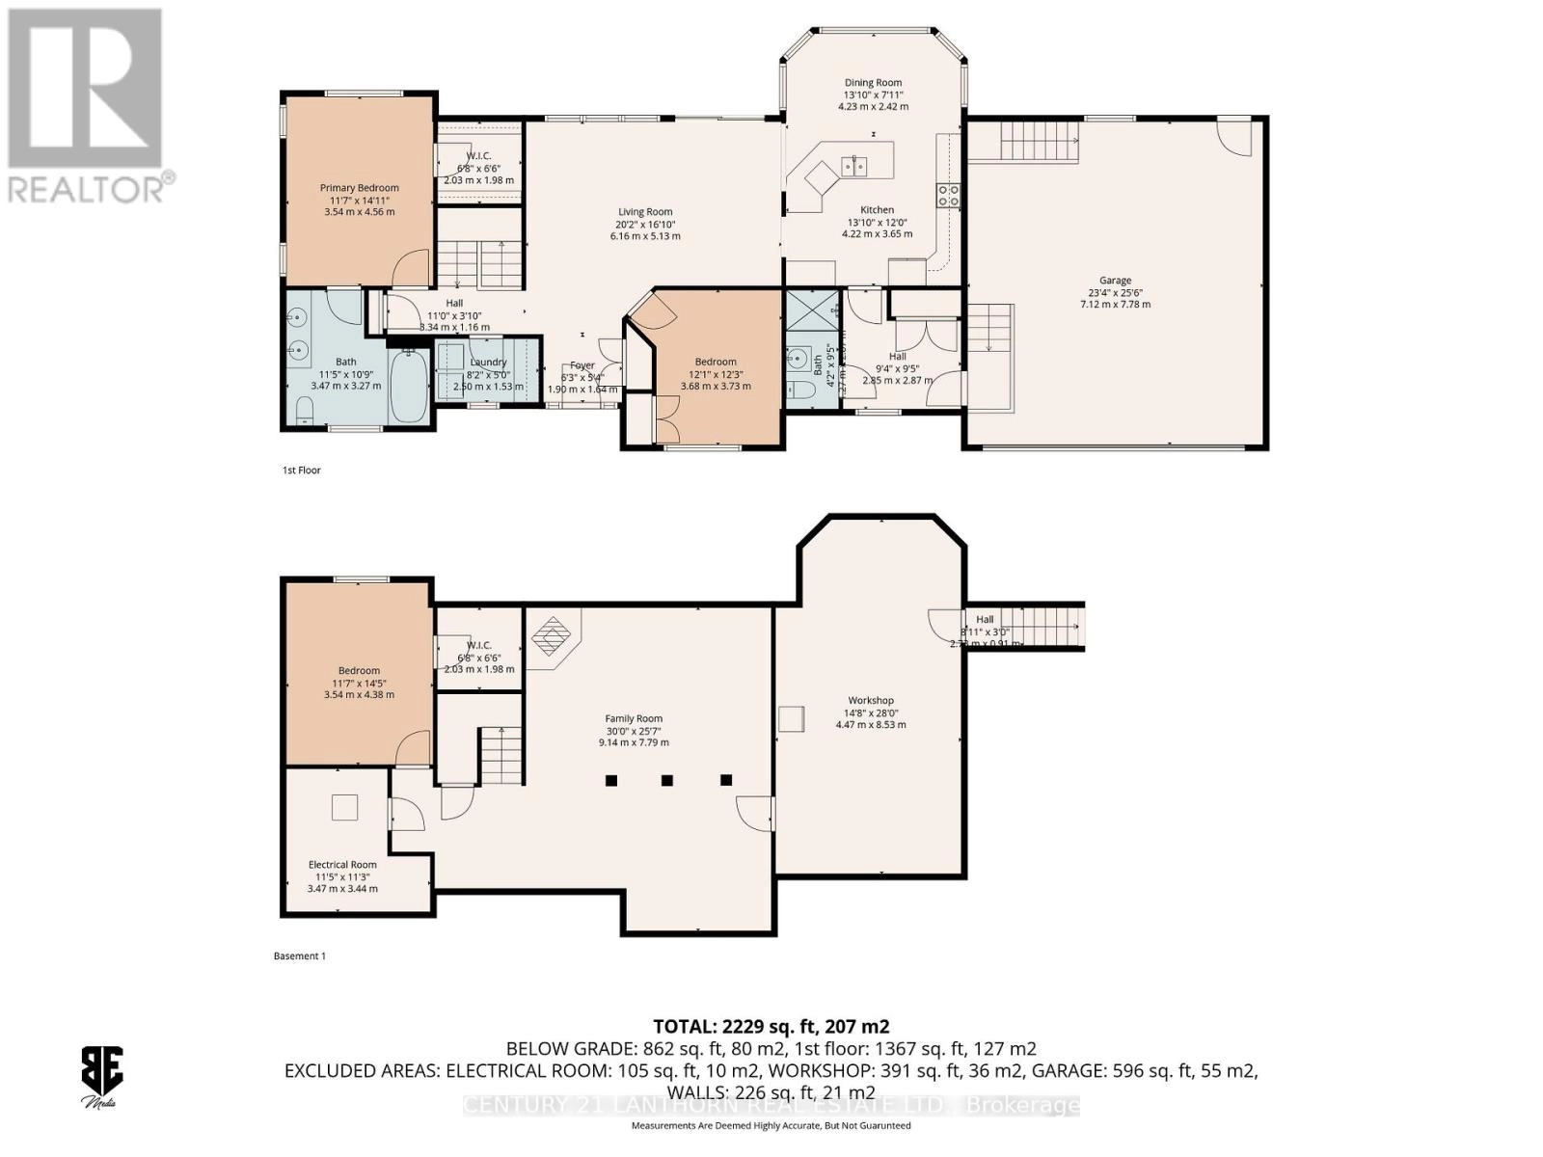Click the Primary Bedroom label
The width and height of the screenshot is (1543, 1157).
(359, 188)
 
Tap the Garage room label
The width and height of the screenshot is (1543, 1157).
(1115, 281)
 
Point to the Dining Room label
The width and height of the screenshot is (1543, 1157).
(873, 83)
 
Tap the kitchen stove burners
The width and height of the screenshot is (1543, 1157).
(948, 196)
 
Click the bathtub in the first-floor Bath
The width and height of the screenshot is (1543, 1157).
(409, 385)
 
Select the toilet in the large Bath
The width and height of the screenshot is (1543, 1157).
(305, 413)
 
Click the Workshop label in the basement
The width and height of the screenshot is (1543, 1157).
(871, 701)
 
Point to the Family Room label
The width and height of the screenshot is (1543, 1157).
(634, 718)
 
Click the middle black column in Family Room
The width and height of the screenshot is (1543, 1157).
(667, 780)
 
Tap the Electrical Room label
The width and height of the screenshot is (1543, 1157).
(342, 865)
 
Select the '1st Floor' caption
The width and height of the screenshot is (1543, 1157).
(301, 471)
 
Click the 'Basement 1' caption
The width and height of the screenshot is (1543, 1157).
(300, 956)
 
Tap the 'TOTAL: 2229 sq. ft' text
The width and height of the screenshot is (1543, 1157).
(771, 1026)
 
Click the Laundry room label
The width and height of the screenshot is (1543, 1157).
(488, 363)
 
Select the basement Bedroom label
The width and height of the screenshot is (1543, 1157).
(359, 671)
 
